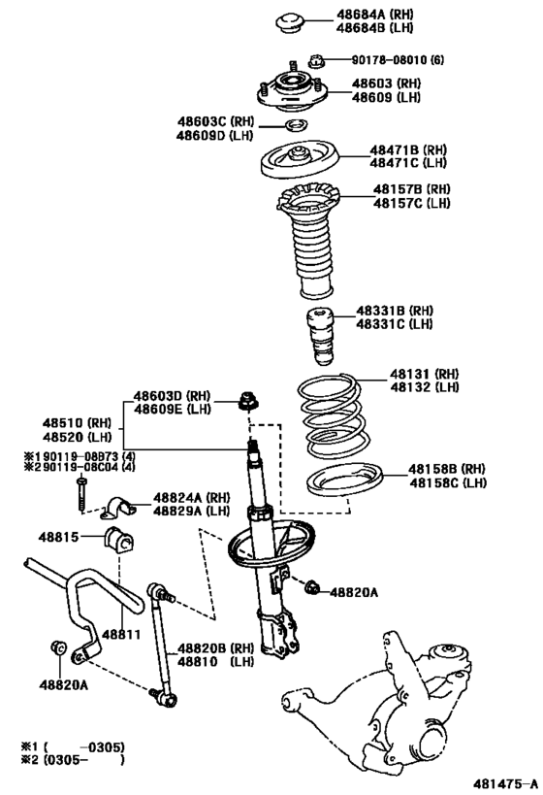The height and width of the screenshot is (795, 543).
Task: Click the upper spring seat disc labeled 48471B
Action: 299,157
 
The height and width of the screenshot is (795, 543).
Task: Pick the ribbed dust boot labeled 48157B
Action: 311,243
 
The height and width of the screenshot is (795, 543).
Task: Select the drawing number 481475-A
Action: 504,782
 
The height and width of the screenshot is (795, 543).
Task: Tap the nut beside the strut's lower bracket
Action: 312,587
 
